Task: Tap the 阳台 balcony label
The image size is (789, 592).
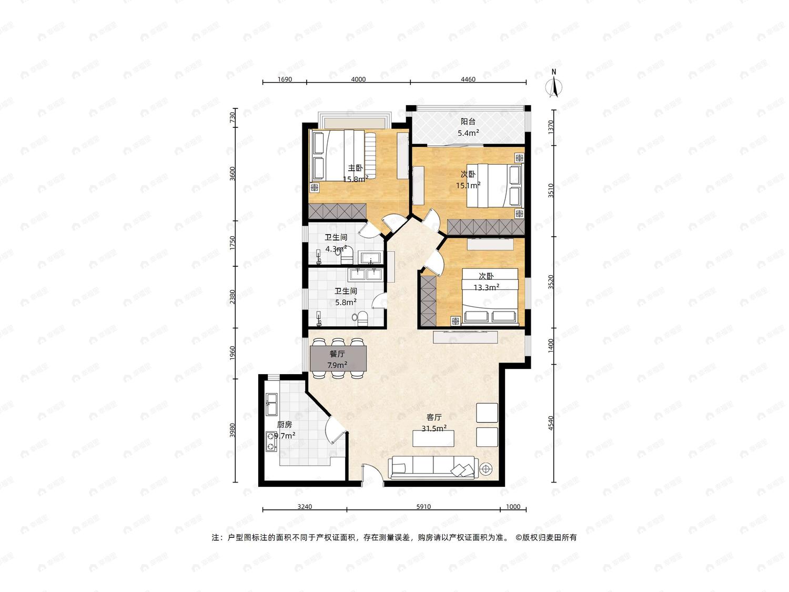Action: point(468,122)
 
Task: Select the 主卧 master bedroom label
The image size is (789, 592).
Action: point(355,168)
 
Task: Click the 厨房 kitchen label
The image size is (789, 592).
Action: point(285,425)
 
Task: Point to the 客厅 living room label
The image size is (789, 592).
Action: point(434,417)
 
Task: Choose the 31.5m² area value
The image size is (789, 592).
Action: point(434,428)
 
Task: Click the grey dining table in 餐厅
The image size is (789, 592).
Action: point(338,358)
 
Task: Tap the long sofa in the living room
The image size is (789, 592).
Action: point(433,468)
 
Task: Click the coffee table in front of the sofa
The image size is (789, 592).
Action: point(433,438)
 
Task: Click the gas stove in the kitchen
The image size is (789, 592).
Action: point(271,442)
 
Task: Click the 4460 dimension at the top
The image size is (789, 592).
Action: point(468,79)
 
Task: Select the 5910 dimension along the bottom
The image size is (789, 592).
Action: point(423,506)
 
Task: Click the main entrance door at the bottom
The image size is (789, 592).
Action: point(372,475)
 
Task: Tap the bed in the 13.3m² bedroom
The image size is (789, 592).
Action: point(490,296)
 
